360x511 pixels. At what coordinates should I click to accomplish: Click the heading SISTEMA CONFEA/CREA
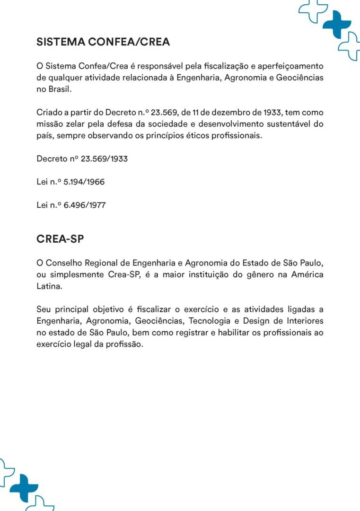coord(103,42)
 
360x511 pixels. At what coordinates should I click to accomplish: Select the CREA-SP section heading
coord(60,239)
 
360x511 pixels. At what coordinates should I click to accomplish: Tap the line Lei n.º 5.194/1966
coord(70,182)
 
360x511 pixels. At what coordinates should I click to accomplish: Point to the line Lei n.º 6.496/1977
coord(71,205)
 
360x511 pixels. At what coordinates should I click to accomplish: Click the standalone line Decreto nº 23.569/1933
coord(82,159)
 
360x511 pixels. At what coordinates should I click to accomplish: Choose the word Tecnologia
coord(211,321)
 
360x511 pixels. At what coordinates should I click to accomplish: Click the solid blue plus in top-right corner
coord(337,24)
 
